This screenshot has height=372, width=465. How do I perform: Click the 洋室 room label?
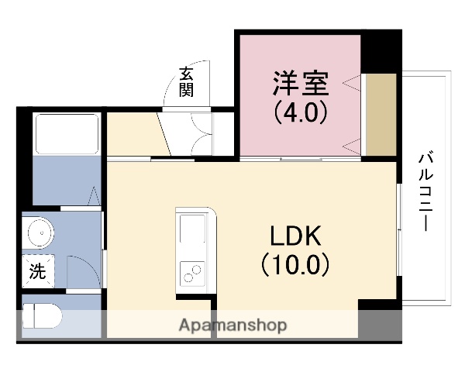[x=301, y=82]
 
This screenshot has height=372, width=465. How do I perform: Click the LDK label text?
[x=294, y=236]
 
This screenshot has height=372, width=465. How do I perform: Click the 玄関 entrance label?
[x=187, y=81]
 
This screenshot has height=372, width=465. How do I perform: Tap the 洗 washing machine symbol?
[x=37, y=271]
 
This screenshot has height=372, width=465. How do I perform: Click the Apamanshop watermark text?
[x=233, y=325]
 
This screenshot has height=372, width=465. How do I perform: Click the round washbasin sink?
[x=38, y=231]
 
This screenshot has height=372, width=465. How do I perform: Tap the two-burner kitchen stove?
[x=191, y=274]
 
